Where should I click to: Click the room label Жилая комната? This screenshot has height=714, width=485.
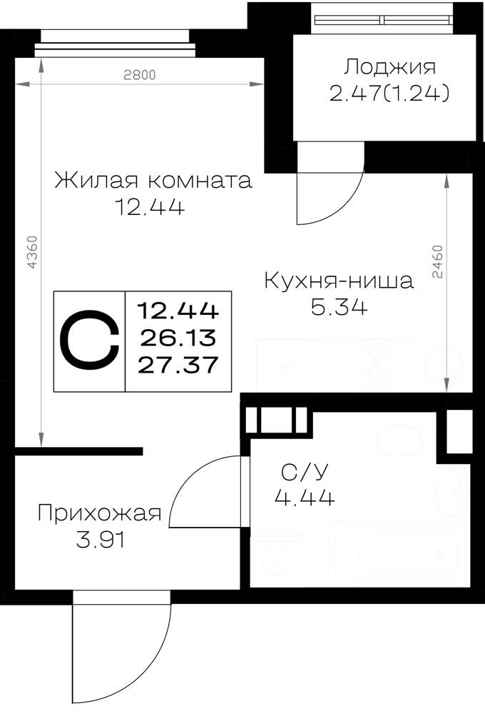[153, 181]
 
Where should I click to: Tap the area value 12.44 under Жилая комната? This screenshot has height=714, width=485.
[150, 207]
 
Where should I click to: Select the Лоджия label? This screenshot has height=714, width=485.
[389, 67]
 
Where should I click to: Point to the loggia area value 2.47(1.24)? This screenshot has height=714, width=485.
[389, 94]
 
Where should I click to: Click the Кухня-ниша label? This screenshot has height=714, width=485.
[339, 281]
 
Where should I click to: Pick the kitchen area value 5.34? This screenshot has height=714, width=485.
[339, 307]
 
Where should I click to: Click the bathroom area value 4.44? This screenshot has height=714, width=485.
[305, 497]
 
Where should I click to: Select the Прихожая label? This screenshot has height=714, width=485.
[99, 513]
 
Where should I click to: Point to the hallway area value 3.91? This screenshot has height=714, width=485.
[100, 540]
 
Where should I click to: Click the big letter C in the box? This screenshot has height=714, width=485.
[90, 340]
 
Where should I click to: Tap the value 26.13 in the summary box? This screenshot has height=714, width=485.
[178, 338]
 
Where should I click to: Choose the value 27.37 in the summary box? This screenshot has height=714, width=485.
[178, 365]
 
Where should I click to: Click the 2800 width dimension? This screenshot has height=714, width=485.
[140, 75]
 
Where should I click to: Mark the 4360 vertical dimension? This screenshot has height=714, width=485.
[31, 251]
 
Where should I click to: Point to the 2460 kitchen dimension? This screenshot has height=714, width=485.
[437, 261]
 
